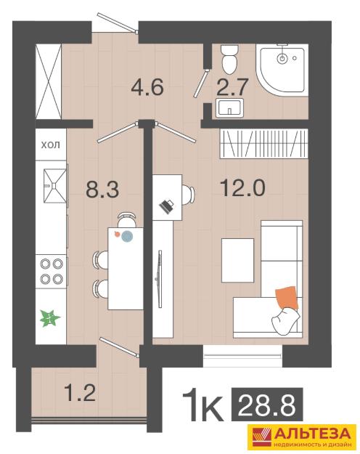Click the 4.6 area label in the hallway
tap(147, 86)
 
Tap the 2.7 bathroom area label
tap(232, 87)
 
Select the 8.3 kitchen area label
tap(102, 190)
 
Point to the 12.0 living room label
tap(242, 187)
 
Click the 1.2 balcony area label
tap(80, 392)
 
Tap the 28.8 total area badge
tap(267, 404)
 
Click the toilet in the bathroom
tap(230, 59)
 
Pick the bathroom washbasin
tap(230, 108)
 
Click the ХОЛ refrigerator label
tap(51, 145)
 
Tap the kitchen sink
tap(55, 185)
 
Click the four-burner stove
tap(52, 271)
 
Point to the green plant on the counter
tap(50, 318)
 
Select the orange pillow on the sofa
tap(287, 298)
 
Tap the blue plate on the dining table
tap(127, 236)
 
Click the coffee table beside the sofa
tap(237, 260)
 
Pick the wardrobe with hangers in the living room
tap(263, 144)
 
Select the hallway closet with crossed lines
tap(49, 81)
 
